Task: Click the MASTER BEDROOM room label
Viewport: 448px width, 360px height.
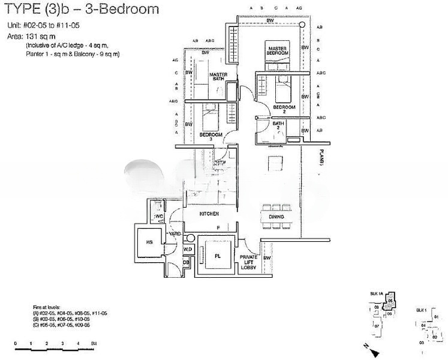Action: (277, 50)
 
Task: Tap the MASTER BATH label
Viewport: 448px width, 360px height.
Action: (217, 78)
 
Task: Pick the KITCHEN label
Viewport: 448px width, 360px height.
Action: (209, 214)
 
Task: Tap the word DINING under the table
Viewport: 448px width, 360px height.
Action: (276, 217)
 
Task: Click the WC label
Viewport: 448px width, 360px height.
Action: (160, 216)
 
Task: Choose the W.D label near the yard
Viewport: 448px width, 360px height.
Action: (187, 249)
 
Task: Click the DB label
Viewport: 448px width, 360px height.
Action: (186, 263)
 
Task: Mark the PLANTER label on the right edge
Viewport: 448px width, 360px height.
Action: (322, 158)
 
